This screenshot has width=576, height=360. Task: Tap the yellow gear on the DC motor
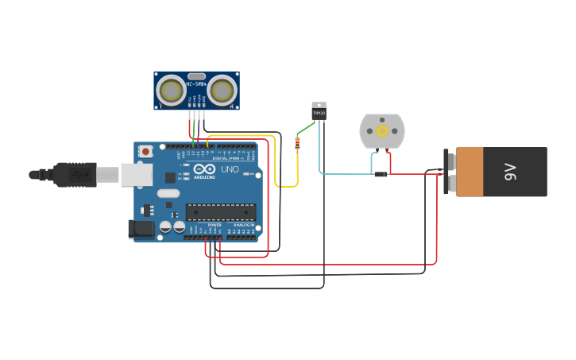point(382,131)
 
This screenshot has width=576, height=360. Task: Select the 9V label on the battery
point(511,172)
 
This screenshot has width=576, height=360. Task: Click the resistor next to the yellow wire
point(297,143)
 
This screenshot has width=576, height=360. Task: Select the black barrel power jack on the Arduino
point(141,229)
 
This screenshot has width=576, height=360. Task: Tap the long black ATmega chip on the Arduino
point(221,211)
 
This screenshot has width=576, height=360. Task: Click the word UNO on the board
point(230,169)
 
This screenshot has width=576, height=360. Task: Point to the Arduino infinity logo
point(204,170)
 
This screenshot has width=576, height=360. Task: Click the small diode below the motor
point(381,173)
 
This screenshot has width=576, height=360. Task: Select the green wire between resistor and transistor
point(306,129)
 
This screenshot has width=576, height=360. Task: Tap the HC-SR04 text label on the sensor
point(196,83)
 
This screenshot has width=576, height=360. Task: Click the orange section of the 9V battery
point(470,172)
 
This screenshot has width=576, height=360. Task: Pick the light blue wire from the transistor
point(342,173)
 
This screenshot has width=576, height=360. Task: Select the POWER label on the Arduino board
point(215,225)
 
